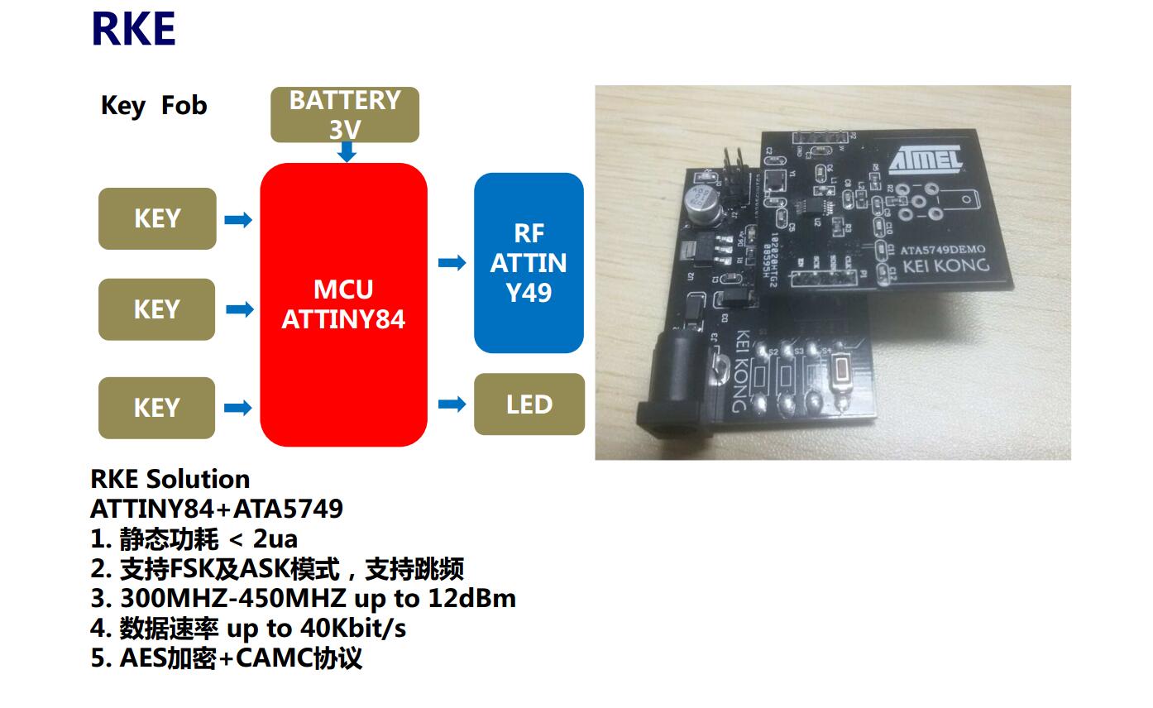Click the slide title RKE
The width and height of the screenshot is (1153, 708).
(x=133, y=30)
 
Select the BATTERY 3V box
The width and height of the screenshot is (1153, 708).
(x=344, y=114)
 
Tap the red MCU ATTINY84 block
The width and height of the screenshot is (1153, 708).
(x=343, y=304)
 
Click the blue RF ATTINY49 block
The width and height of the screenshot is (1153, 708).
(x=529, y=263)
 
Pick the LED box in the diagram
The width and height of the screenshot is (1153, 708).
(x=529, y=404)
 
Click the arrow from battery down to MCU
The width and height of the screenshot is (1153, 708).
(x=347, y=152)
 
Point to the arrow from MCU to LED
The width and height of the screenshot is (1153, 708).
(x=452, y=404)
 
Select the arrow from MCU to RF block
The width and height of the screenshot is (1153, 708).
(x=452, y=263)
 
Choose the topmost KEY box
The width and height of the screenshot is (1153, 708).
(x=157, y=218)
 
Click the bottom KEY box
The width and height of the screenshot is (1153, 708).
(x=157, y=408)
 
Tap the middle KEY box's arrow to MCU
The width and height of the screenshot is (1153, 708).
(x=239, y=309)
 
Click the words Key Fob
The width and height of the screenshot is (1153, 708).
(x=154, y=106)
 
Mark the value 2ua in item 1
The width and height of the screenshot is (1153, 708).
(x=275, y=539)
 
